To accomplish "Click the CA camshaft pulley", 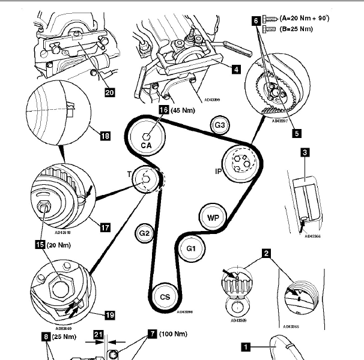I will (x=146, y=137).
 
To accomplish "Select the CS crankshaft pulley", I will (x=165, y=296).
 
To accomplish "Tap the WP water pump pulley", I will (x=213, y=218).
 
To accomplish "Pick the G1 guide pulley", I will (x=191, y=248).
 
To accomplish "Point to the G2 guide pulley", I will (x=144, y=233).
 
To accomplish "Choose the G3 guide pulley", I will (x=220, y=125).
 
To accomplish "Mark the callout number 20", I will (x=109, y=92).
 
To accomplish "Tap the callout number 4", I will (x=236, y=70).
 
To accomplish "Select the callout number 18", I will (x=105, y=136).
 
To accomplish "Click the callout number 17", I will (x=105, y=227).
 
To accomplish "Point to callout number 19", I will (x=109, y=314).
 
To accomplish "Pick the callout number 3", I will (x=305, y=153).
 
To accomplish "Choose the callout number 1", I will (x=245, y=345).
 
